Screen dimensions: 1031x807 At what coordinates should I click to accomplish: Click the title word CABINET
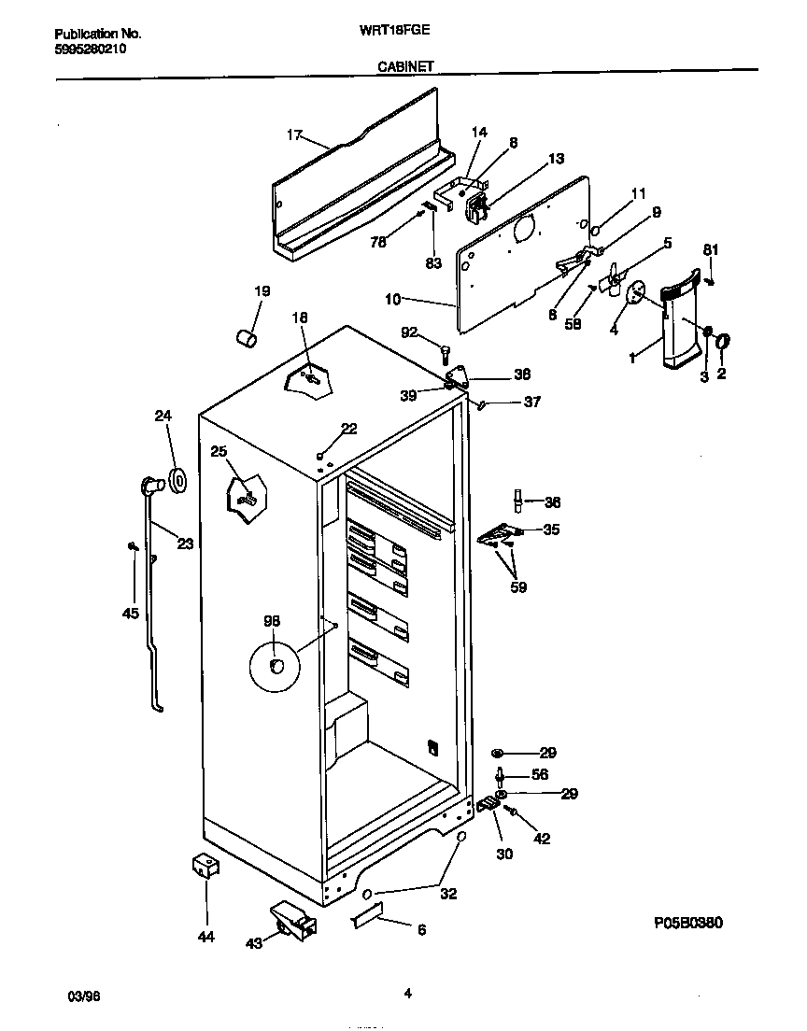(404, 66)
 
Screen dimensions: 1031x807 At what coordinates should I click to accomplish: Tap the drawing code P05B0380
(688, 923)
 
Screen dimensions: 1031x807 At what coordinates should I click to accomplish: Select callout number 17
(294, 135)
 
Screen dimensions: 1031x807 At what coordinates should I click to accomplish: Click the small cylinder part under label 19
(246, 337)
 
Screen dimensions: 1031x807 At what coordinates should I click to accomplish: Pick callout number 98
(272, 621)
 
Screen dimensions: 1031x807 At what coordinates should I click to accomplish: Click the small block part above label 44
(205, 866)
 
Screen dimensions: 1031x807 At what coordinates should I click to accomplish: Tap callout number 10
(392, 299)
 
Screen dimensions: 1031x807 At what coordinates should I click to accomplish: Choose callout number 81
(711, 249)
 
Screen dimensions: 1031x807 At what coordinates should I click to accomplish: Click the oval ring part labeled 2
(723, 345)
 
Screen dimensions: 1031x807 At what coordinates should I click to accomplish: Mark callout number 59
(518, 587)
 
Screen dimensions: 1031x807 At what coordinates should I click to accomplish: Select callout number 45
(130, 614)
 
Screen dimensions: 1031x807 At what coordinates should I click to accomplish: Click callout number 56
(539, 774)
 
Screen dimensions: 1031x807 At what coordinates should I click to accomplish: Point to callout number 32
(448, 893)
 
